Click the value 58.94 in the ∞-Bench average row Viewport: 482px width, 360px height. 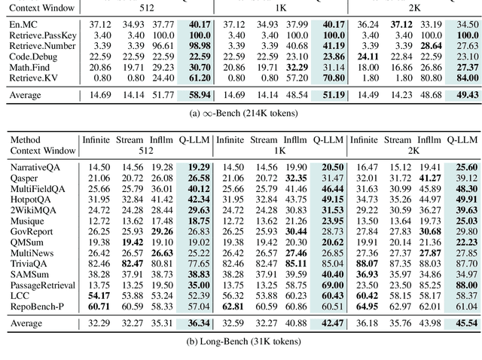pyautogui.click(x=199, y=96)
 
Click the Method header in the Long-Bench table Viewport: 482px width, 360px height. pyautogui.click(x=24, y=139)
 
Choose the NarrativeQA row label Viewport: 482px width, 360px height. pyautogui.click(x=36, y=166)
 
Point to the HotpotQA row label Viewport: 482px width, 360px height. pyautogui.click(x=30, y=199)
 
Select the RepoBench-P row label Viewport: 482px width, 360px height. pyautogui.click(x=39, y=307)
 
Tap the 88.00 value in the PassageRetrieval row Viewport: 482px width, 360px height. pyautogui.click(x=465, y=285)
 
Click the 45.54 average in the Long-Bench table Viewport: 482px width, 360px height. pyautogui.click(x=465, y=324)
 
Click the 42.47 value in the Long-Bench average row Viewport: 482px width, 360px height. pyautogui.click(x=332, y=324)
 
